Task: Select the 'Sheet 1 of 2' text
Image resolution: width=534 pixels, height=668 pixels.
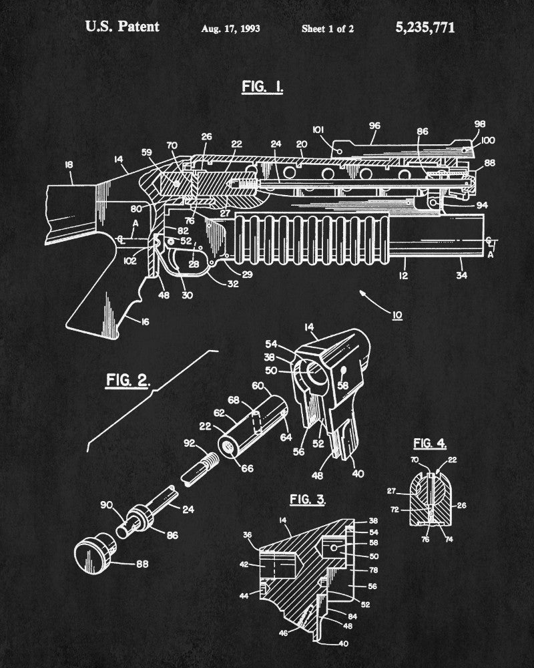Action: tap(328, 29)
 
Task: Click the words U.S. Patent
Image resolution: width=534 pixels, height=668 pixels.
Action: tap(121, 27)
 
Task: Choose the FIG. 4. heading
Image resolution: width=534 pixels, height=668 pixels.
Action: tap(430, 444)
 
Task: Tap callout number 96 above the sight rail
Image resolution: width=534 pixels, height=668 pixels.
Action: tap(373, 125)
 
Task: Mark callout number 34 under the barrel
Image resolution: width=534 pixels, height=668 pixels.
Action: tap(462, 275)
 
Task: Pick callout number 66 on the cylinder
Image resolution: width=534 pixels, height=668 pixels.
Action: tap(246, 468)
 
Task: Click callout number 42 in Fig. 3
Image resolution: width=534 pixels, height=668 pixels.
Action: tap(244, 565)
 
